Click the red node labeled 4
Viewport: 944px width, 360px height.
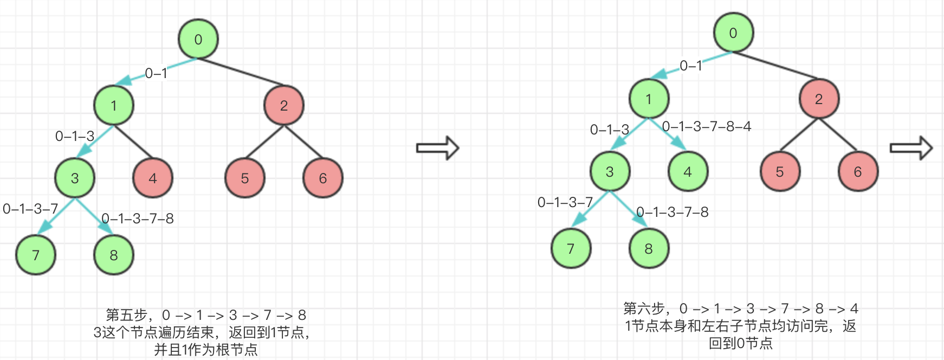click(153, 178)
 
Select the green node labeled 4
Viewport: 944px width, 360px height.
click(688, 172)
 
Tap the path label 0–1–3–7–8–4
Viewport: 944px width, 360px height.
click(707, 127)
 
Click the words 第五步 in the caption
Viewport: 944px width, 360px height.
click(126, 315)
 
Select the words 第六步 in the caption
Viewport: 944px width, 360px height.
click(644, 308)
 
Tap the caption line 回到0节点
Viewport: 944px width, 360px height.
click(741, 343)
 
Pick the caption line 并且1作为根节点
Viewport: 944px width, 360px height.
click(206, 350)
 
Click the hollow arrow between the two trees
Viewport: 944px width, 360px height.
click(437, 148)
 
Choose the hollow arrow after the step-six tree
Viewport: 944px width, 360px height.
click(911, 148)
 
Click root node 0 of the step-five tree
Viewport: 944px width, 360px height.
click(198, 39)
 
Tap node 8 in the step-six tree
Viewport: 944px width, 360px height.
click(649, 249)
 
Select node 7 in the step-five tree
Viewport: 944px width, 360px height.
click(36, 255)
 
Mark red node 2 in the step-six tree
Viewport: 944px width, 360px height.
click(819, 99)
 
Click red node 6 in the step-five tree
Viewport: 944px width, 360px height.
click(323, 178)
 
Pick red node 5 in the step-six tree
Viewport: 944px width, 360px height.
click(780, 172)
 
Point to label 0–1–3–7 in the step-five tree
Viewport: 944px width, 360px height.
click(30, 209)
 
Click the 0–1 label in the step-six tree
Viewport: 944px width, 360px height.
click(691, 66)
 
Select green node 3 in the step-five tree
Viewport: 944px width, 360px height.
click(75, 178)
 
